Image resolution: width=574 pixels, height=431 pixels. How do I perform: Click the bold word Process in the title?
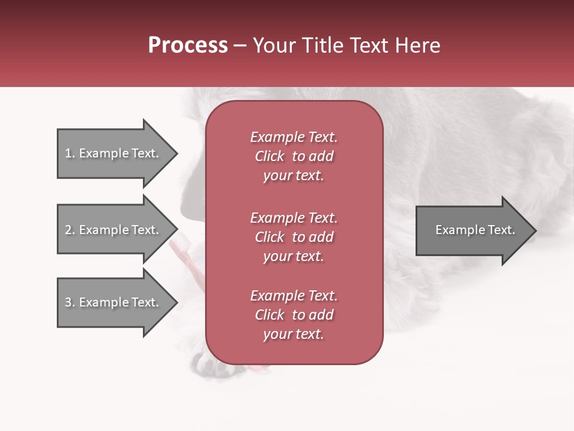pos(188,45)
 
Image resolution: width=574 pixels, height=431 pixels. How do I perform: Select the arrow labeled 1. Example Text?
pos(114,153)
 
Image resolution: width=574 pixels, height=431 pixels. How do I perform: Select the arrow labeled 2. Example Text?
pos(114,230)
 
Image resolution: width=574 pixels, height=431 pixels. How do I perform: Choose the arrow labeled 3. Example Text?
pos(114,302)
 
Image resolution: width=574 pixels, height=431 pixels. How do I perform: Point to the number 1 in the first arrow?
pos(68,153)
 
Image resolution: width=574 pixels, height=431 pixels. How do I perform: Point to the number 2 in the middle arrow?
pos(68,230)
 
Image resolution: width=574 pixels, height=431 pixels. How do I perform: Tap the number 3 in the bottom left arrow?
pos(68,302)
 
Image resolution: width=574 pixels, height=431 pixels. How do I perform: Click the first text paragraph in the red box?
pos(294,156)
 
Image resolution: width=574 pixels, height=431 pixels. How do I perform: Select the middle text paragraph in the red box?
pos(294,237)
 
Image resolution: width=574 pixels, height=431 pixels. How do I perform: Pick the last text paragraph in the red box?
pos(294,315)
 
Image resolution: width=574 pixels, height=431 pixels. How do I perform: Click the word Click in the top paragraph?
pos(270,156)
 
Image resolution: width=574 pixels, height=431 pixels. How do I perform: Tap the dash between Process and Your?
pos(240,45)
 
